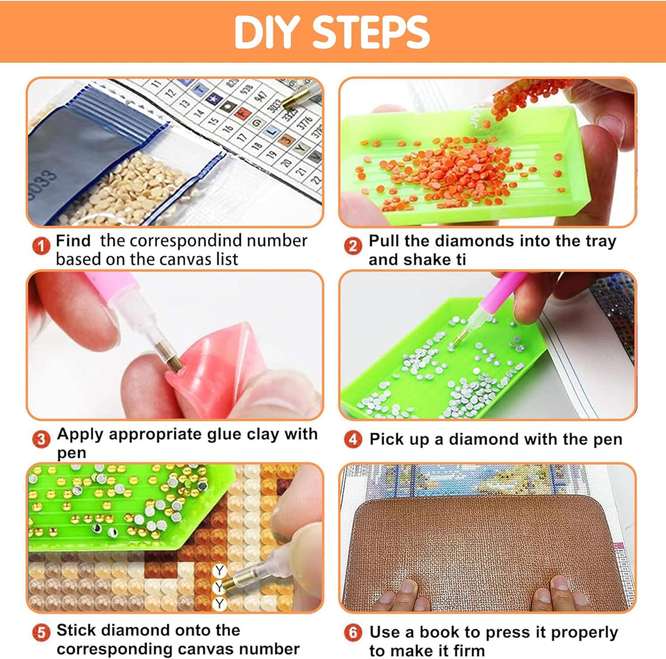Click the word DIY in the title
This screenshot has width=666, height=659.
point(267,32)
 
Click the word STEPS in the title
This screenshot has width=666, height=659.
point(371,32)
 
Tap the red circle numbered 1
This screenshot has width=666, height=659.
point(41,247)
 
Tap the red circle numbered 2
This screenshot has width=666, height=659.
point(353,247)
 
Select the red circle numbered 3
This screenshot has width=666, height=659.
point(41,439)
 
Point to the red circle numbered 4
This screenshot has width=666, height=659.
point(353,439)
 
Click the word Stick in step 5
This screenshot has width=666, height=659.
point(76,630)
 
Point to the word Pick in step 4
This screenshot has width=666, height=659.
point(386,439)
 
